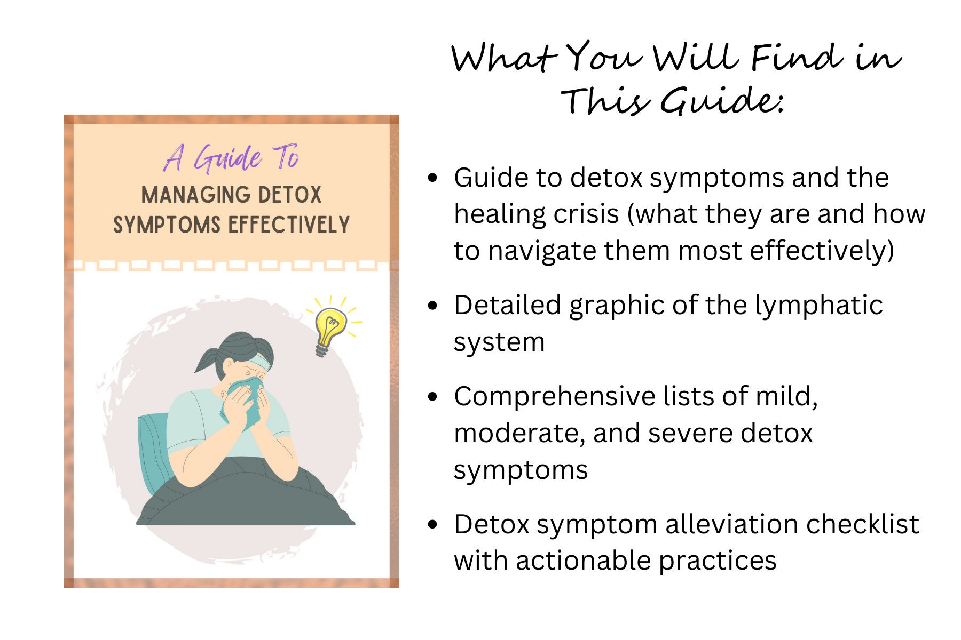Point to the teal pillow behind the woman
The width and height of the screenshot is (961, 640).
tap(153, 453)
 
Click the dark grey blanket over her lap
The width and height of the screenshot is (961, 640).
tap(246, 496)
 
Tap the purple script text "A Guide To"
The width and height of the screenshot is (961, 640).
tap(232, 158)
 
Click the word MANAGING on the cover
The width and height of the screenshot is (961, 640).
tap(191, 195)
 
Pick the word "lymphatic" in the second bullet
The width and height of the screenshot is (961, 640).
tap(818, 306)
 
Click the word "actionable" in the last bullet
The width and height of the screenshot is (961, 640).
tap(583, 561)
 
